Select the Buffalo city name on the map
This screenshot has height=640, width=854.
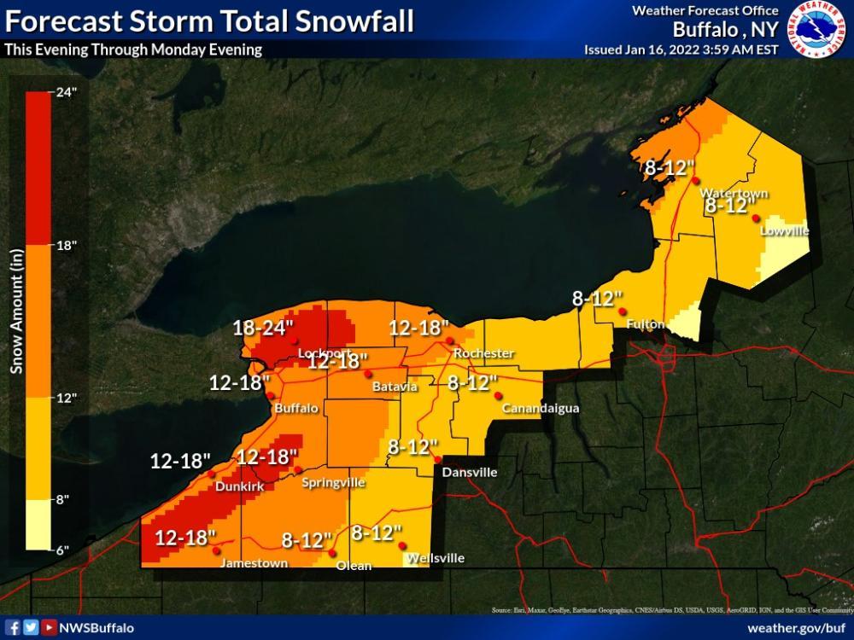click(x=295, y=409)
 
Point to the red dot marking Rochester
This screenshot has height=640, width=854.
click(x=450, y=341)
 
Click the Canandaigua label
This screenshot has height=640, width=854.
click(x=541, y=409)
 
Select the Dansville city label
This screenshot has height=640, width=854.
click(x=465, y=472)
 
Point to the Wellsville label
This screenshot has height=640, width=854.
click(x=436, y=558)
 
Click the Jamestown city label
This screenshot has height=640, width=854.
click(x=254, y=563)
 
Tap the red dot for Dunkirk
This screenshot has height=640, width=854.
click(x=210, y=474)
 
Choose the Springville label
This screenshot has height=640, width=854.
click(x=333, y=482)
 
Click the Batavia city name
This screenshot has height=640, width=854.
click(x=395, y=387)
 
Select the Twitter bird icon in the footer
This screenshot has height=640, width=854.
click(x=31, y=628)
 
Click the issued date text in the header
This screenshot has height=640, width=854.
click(x=681, y=49)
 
